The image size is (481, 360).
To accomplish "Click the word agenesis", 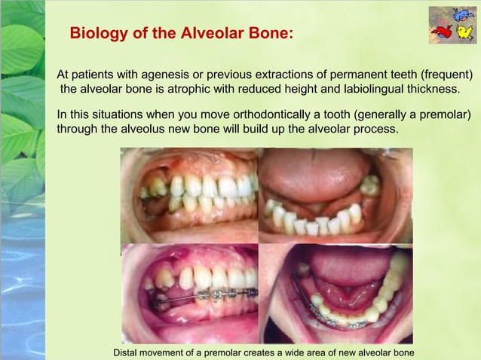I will pos(161,75).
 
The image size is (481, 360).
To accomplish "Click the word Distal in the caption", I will pos(126,352).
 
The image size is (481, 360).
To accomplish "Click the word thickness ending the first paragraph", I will pos(429,90).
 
